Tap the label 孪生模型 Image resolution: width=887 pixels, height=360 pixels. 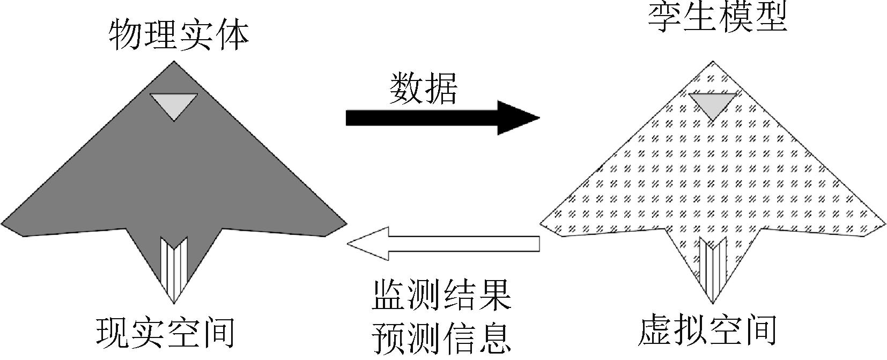718,19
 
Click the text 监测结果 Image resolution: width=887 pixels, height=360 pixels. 441,293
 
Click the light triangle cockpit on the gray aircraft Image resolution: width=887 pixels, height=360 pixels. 173,104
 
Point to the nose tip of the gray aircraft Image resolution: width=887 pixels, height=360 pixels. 173,63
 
